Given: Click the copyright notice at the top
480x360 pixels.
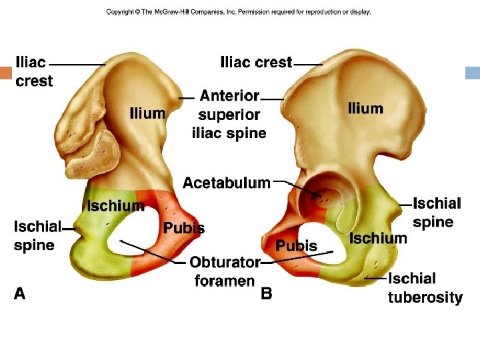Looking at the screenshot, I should click(x=238, y=12).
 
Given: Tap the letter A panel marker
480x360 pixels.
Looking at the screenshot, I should click(x=20, y=293).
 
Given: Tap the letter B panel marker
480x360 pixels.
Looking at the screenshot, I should click(x=266, y=293).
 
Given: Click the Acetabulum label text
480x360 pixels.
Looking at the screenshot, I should click(x=227, y=183).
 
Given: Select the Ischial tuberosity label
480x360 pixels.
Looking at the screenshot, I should click(x=425, y=288).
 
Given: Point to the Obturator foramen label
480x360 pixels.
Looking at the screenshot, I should click(x=225, y=271).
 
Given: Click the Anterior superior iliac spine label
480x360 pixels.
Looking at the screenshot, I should click(x=229, y=115).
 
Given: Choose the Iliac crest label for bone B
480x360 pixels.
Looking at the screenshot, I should click(x=256, y=63).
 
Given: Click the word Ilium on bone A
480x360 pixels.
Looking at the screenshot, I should click(x=147, y=113).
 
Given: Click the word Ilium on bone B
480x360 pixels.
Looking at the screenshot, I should click(x=365, y=109).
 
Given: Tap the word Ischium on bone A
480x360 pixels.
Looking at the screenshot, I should click(x=115, y=206).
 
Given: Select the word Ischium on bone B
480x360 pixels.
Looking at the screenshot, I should click(x=378, y=238).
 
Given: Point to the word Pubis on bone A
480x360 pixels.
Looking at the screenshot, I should click(x=184, y=229).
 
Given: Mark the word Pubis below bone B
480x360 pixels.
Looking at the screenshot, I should click(x=297, y=246).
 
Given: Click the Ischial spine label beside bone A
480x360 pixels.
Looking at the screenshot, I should click(x=35, y=236).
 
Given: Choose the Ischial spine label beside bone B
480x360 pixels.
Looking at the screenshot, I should click(x=437, y=212).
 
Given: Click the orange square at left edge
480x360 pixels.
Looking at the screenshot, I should click(x=6, y=73).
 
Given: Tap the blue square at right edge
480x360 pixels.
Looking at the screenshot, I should click(x=473, y=73).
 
